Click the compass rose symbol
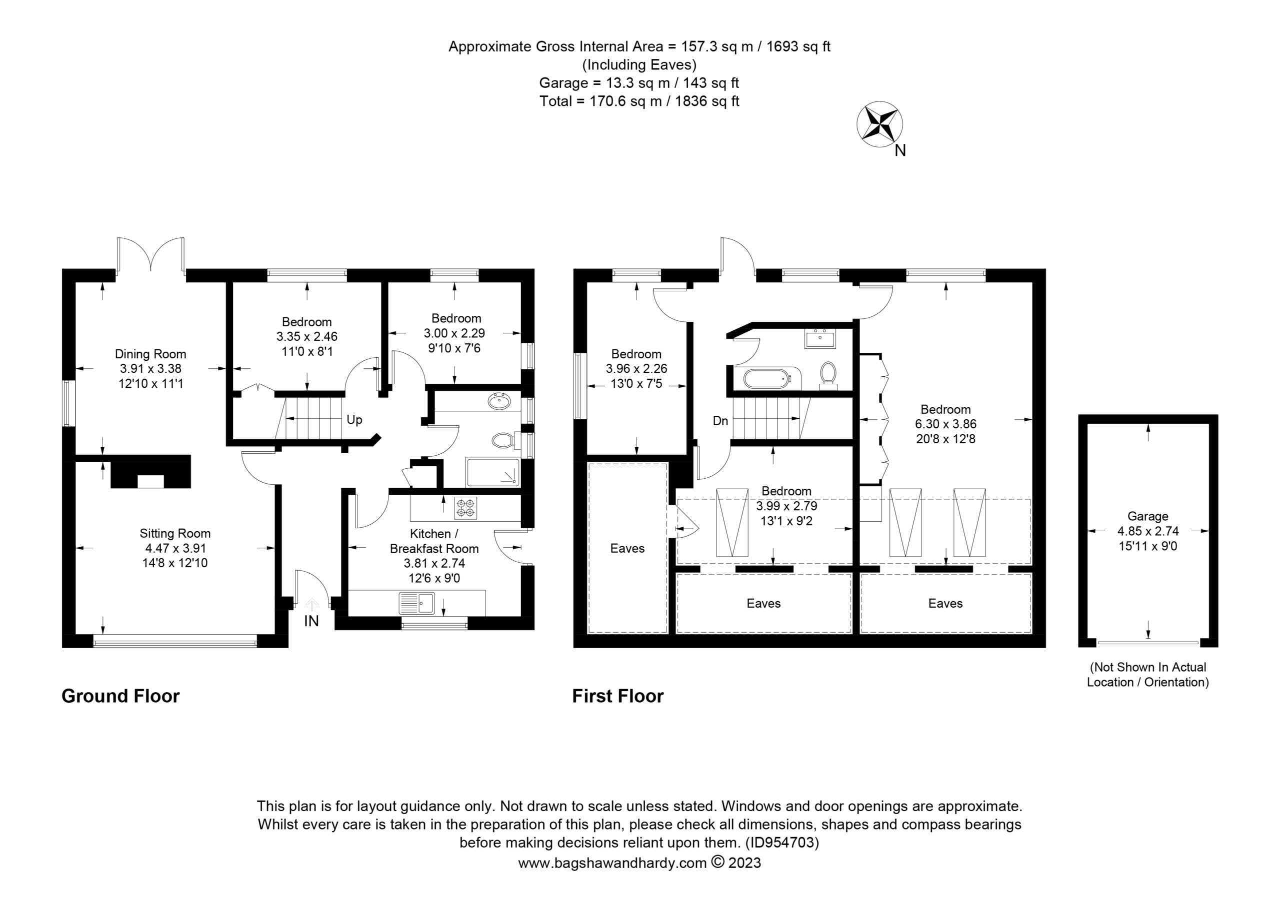click(879, 124)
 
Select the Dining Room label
click(150, 354)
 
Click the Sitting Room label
click(175, 533)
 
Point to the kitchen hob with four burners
click(466, 508)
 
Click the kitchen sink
click(417, 603)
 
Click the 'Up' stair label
click(354, 420)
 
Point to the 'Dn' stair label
click(720, 421)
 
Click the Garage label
click(1148, 517)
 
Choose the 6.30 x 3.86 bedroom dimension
click(945, 424)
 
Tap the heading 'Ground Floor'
click(120, 696)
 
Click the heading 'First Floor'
click(617, 696)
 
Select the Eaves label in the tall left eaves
click(627, 548)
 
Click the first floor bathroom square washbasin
click(819, 338)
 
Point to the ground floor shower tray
click(492, 472)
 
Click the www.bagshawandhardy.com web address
click(612, 864)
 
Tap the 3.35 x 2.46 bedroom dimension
click(306, 337)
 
